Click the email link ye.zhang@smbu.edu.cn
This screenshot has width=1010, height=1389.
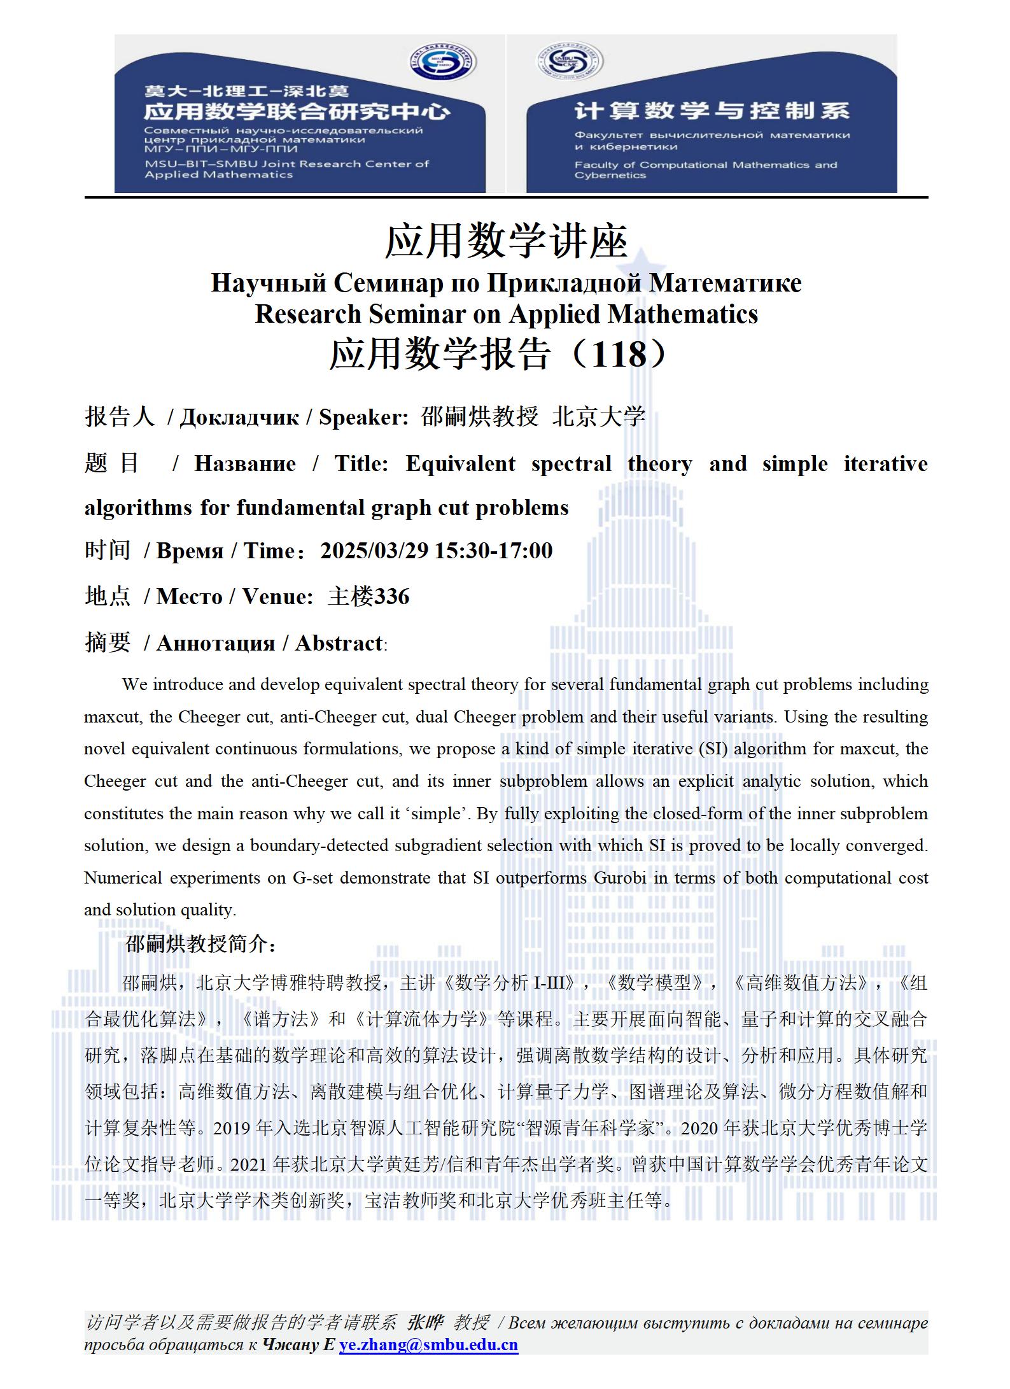(428, 1344)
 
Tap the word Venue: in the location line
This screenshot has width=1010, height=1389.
(277, 596)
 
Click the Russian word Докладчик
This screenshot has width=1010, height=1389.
(239, 417)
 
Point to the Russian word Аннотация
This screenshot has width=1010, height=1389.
(215, 643)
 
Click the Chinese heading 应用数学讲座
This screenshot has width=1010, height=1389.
(506, 241)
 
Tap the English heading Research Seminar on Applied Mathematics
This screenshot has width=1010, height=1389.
(506, 314)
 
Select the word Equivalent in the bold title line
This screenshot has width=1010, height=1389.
(460, 463)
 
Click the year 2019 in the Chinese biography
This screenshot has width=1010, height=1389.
(232, 1128)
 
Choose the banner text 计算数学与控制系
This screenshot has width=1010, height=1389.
(712, 111)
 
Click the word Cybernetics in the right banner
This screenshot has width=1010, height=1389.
(610, 175)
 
